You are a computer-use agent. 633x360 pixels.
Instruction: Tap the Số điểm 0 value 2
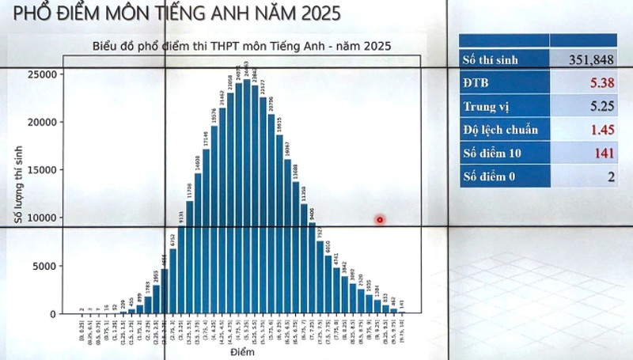click(x=611, y=176)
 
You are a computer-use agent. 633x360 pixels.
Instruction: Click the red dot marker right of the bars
click(x=381, y=219)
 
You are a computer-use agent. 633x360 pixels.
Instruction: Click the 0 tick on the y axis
click(x=54, y=314)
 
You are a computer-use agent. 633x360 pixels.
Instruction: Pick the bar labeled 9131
click(x=181, y=269)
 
